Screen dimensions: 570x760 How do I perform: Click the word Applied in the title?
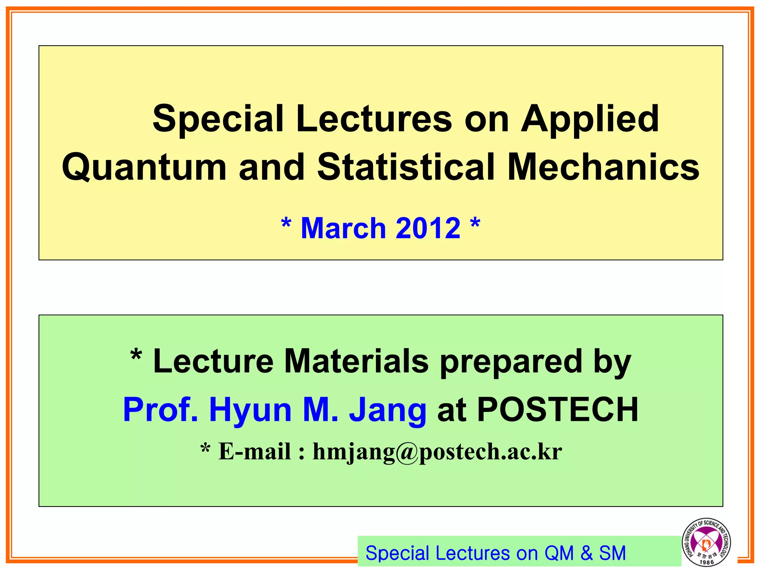click(x=590, y=119)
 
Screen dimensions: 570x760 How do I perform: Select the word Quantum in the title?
click(x=144, y=167)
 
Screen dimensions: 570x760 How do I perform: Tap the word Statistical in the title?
click(x=406, y=167)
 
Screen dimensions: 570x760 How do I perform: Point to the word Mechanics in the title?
click(x=603, y=167)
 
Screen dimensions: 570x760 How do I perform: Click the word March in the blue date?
click(x=344, y=228)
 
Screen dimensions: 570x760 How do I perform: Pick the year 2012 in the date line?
click(x=428, y=228)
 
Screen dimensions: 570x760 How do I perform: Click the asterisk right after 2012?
click(x=475, y=224)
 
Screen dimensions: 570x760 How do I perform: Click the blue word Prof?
click(x=160, y=410)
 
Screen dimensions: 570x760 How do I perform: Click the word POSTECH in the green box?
click(x=557, y=410)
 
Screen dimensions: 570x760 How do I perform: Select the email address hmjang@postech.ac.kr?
click(x=437, y=452)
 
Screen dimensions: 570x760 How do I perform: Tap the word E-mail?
click(x=255, y=452)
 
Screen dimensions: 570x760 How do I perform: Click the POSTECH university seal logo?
click(x=706, y=542)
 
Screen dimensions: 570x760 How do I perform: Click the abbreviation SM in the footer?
click(x=612, y=553)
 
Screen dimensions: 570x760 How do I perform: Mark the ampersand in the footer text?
click(x=586, y=553)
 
